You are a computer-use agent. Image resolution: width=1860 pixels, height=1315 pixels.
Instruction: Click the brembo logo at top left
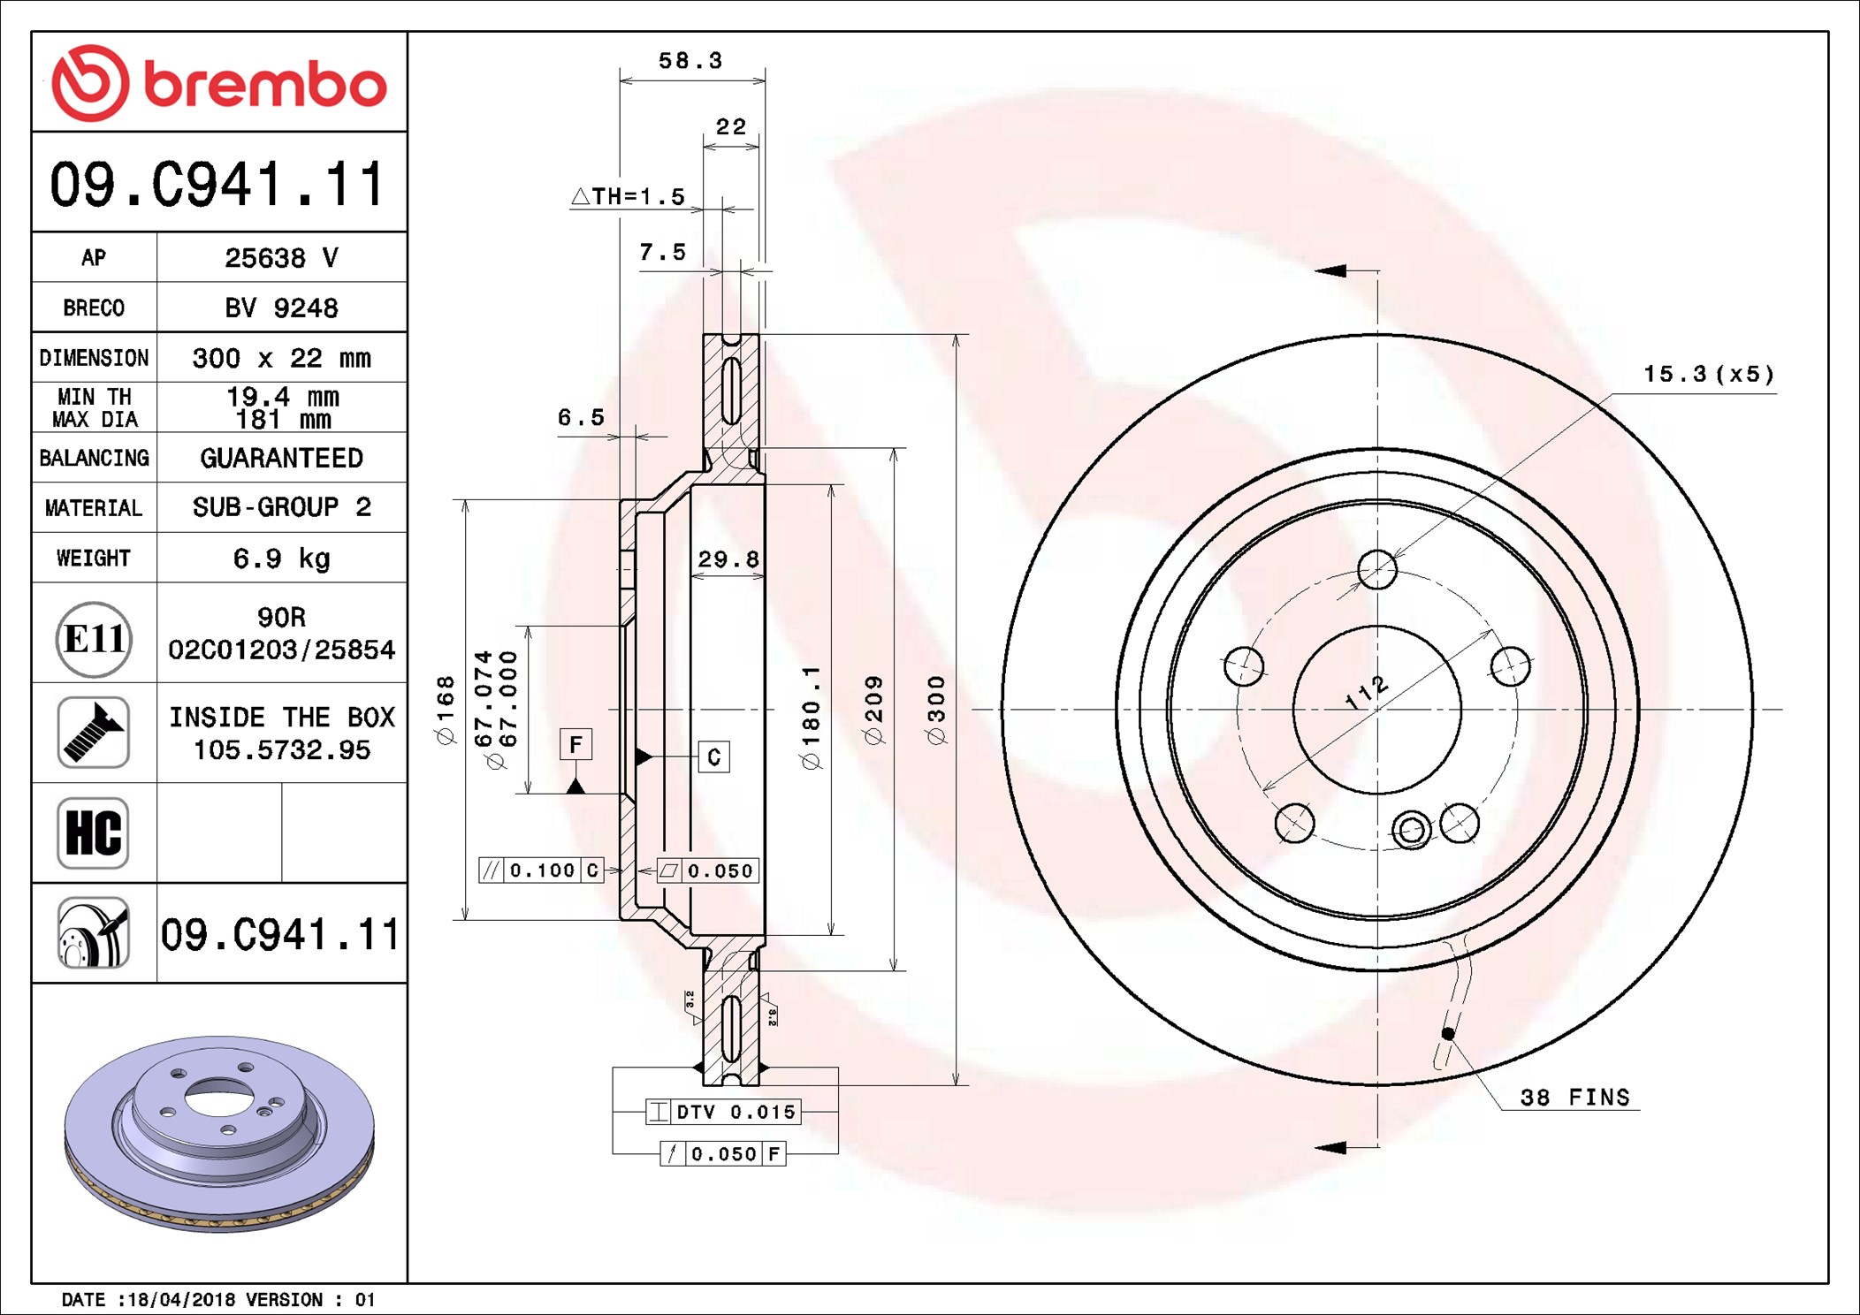point(218,83)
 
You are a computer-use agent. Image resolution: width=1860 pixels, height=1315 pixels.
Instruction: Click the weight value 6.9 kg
point(281,559)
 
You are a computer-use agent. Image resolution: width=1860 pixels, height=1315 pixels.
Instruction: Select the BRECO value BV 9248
point(281,308)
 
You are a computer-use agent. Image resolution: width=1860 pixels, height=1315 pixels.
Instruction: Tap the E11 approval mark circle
point(94,639)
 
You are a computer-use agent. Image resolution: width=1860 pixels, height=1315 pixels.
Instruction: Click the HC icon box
point(94,832)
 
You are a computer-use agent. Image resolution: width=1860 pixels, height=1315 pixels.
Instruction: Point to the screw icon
point(94,732)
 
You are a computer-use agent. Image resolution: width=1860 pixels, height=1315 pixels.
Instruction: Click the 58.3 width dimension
point(690,61)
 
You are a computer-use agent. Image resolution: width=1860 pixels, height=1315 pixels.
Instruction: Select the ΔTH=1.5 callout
point(629,196)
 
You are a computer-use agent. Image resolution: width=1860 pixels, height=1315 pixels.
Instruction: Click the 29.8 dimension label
point(728,559)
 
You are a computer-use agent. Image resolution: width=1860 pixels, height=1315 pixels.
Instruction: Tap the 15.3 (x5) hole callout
point(1708,375)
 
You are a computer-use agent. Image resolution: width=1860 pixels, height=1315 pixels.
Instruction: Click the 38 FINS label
point(1574,1098)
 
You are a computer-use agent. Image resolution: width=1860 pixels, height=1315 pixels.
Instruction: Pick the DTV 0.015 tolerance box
point(724,1112)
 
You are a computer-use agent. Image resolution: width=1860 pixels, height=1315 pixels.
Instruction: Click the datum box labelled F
point(576,745)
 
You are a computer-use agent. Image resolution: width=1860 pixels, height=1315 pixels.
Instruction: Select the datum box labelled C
point(714,757)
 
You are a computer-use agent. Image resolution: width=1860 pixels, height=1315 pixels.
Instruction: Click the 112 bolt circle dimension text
point(1367,693)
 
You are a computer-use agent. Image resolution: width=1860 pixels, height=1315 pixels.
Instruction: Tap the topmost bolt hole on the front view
point(1376,569)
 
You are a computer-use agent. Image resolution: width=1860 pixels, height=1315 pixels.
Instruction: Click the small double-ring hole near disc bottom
point(1411,830)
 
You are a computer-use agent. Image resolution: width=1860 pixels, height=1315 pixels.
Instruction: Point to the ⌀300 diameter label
point(936,710)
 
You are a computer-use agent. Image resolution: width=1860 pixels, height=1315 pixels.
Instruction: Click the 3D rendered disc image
point(219,1133)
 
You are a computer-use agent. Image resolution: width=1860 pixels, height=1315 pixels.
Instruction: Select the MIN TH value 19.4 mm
point(282,397)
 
